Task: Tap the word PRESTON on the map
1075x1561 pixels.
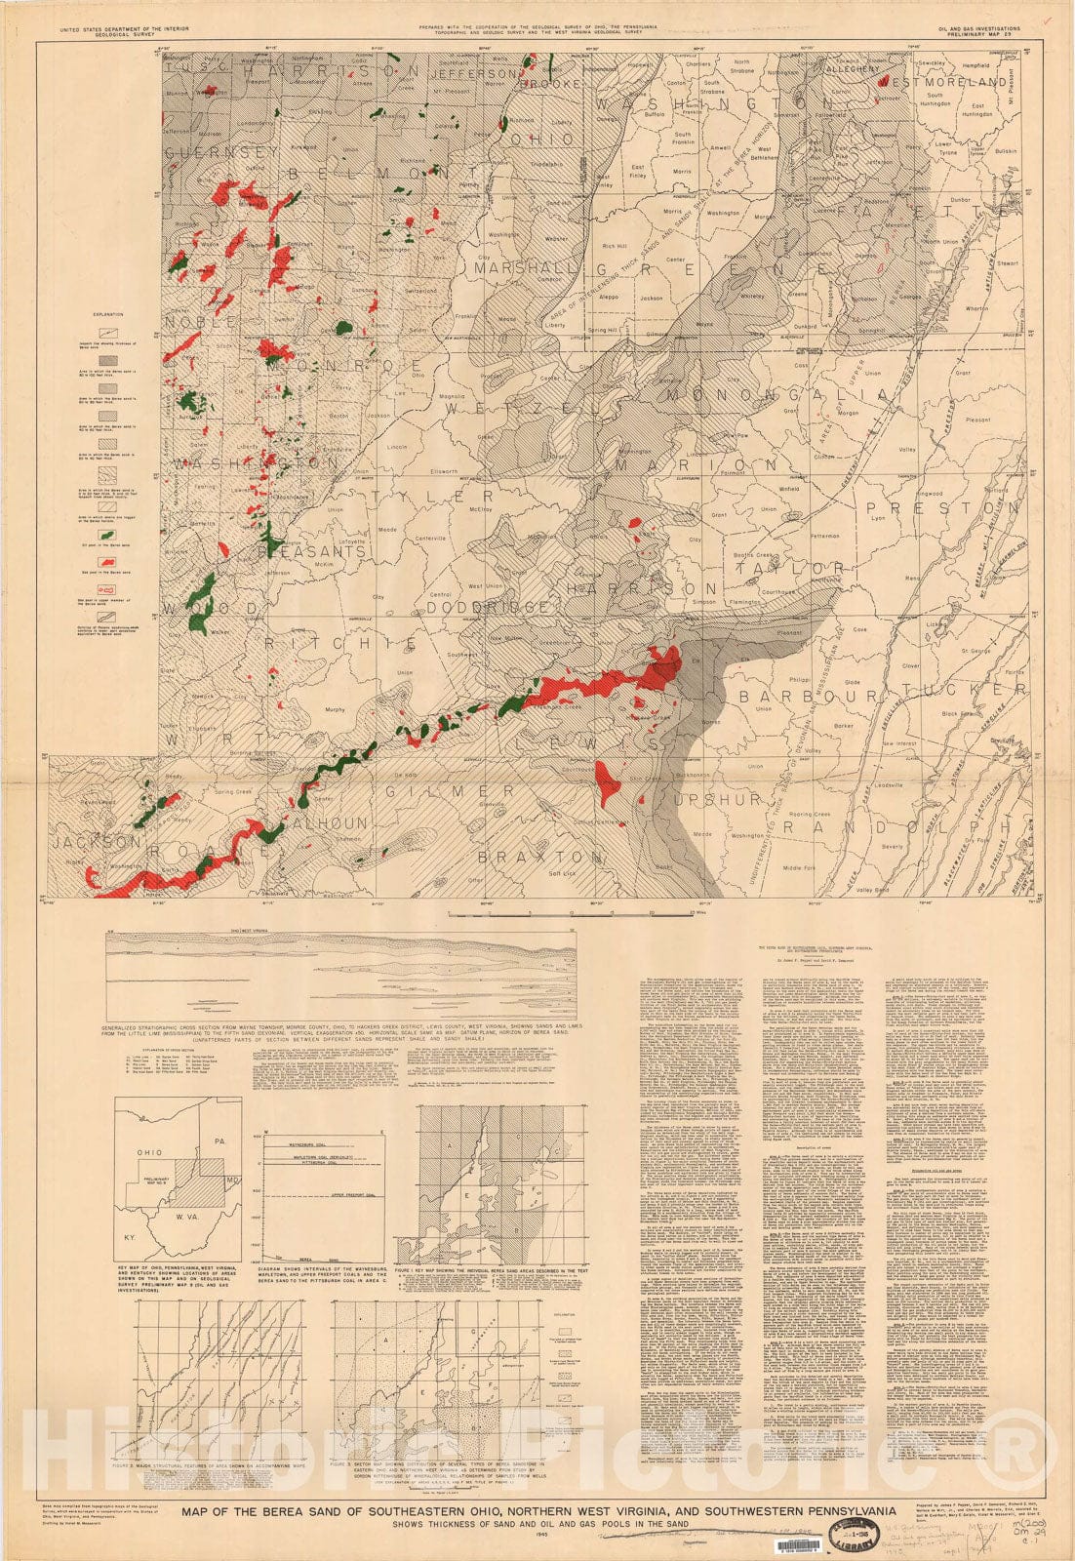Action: pos(936,508)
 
